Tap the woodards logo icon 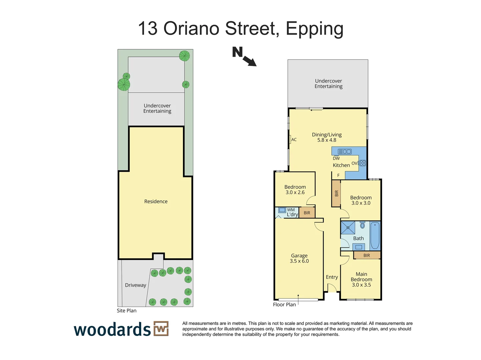(x=161, y=329)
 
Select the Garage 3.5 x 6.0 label (x=299, y=258)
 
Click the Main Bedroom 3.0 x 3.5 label (x=361, y=279)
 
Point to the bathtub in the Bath (x=375, y=236)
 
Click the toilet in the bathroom (x=362, y=225)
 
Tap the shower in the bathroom (x=348, y=228)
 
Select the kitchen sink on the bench (x=345, y=151)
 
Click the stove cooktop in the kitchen (x=363, y=163)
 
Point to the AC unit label (x=294, y=140)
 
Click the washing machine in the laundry (x=282, y=210)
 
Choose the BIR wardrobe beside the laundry (x=307, y=213)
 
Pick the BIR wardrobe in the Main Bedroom (x=367, y=255)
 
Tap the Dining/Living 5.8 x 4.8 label (x=327, y=137)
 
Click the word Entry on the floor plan (x=332, y=277)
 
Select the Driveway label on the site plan (x=135, y=285)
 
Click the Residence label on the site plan (x=156, y=201)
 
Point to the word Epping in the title (x=314, y=29)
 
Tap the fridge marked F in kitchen (x=338, y=175)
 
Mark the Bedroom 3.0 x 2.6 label (x=295, y=190)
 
